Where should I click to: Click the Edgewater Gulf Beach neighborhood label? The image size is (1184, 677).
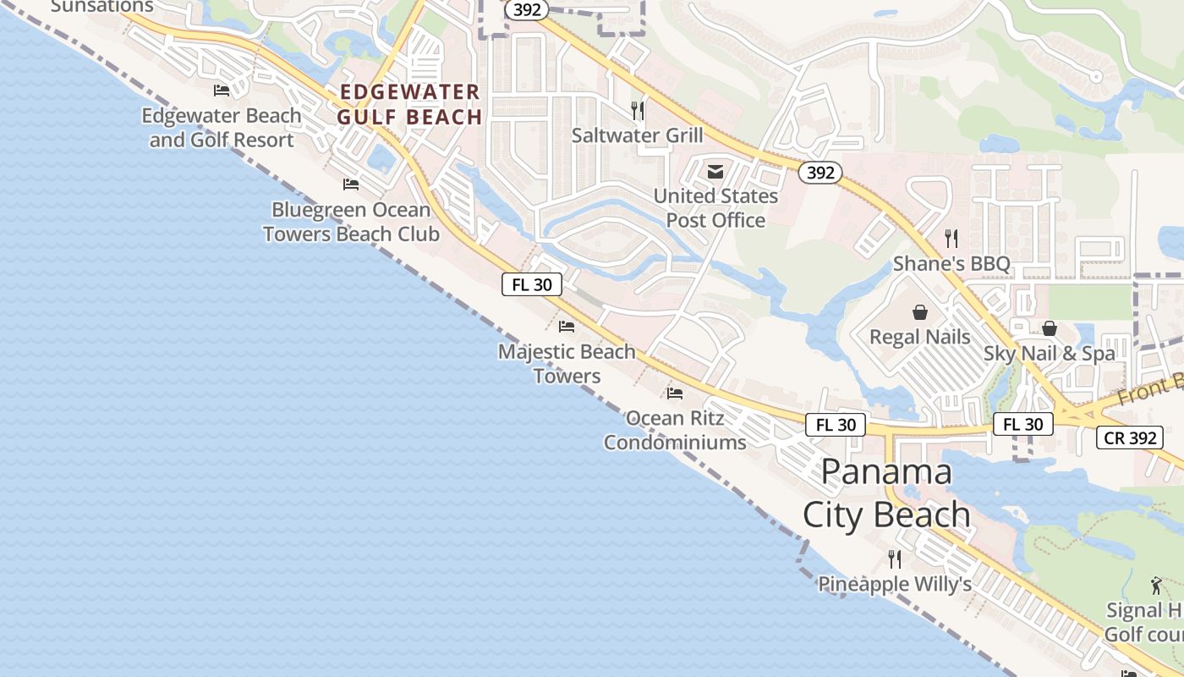[x=410, y=105]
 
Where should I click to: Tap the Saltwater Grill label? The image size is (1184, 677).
[x=637, y=135]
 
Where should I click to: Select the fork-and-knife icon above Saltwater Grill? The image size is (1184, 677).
[x=638, y=110]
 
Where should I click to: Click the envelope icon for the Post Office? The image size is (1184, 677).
[x=715, y=173]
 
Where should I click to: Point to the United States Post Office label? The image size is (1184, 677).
[x=715, y=208]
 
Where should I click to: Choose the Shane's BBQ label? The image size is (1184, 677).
[x=951, y=263]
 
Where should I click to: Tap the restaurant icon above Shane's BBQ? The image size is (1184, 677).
[x=951, y=238]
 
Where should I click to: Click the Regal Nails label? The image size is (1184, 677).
[x=920, y=337]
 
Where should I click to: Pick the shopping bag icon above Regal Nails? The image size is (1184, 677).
[x=920, y=312]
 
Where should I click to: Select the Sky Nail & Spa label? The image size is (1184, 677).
[x=1049, y=354]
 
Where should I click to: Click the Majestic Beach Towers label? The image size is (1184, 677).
[x=567, y=363]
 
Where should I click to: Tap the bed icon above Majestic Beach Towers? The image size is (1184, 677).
[x=567, y=326]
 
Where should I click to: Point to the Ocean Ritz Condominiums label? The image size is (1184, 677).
[x=675, y=430]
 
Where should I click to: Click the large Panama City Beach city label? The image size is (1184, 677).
[x=886, y=493]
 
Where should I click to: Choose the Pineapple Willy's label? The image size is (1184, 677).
[x=894, y=584]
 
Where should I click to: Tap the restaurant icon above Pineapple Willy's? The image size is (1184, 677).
[x=894, y=559]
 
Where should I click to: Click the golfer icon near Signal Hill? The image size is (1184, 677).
[x=1156, y=585]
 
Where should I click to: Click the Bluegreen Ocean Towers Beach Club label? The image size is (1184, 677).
[x=351, y=222]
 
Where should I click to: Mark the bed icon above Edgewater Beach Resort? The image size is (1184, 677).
[x=222, y=91]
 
